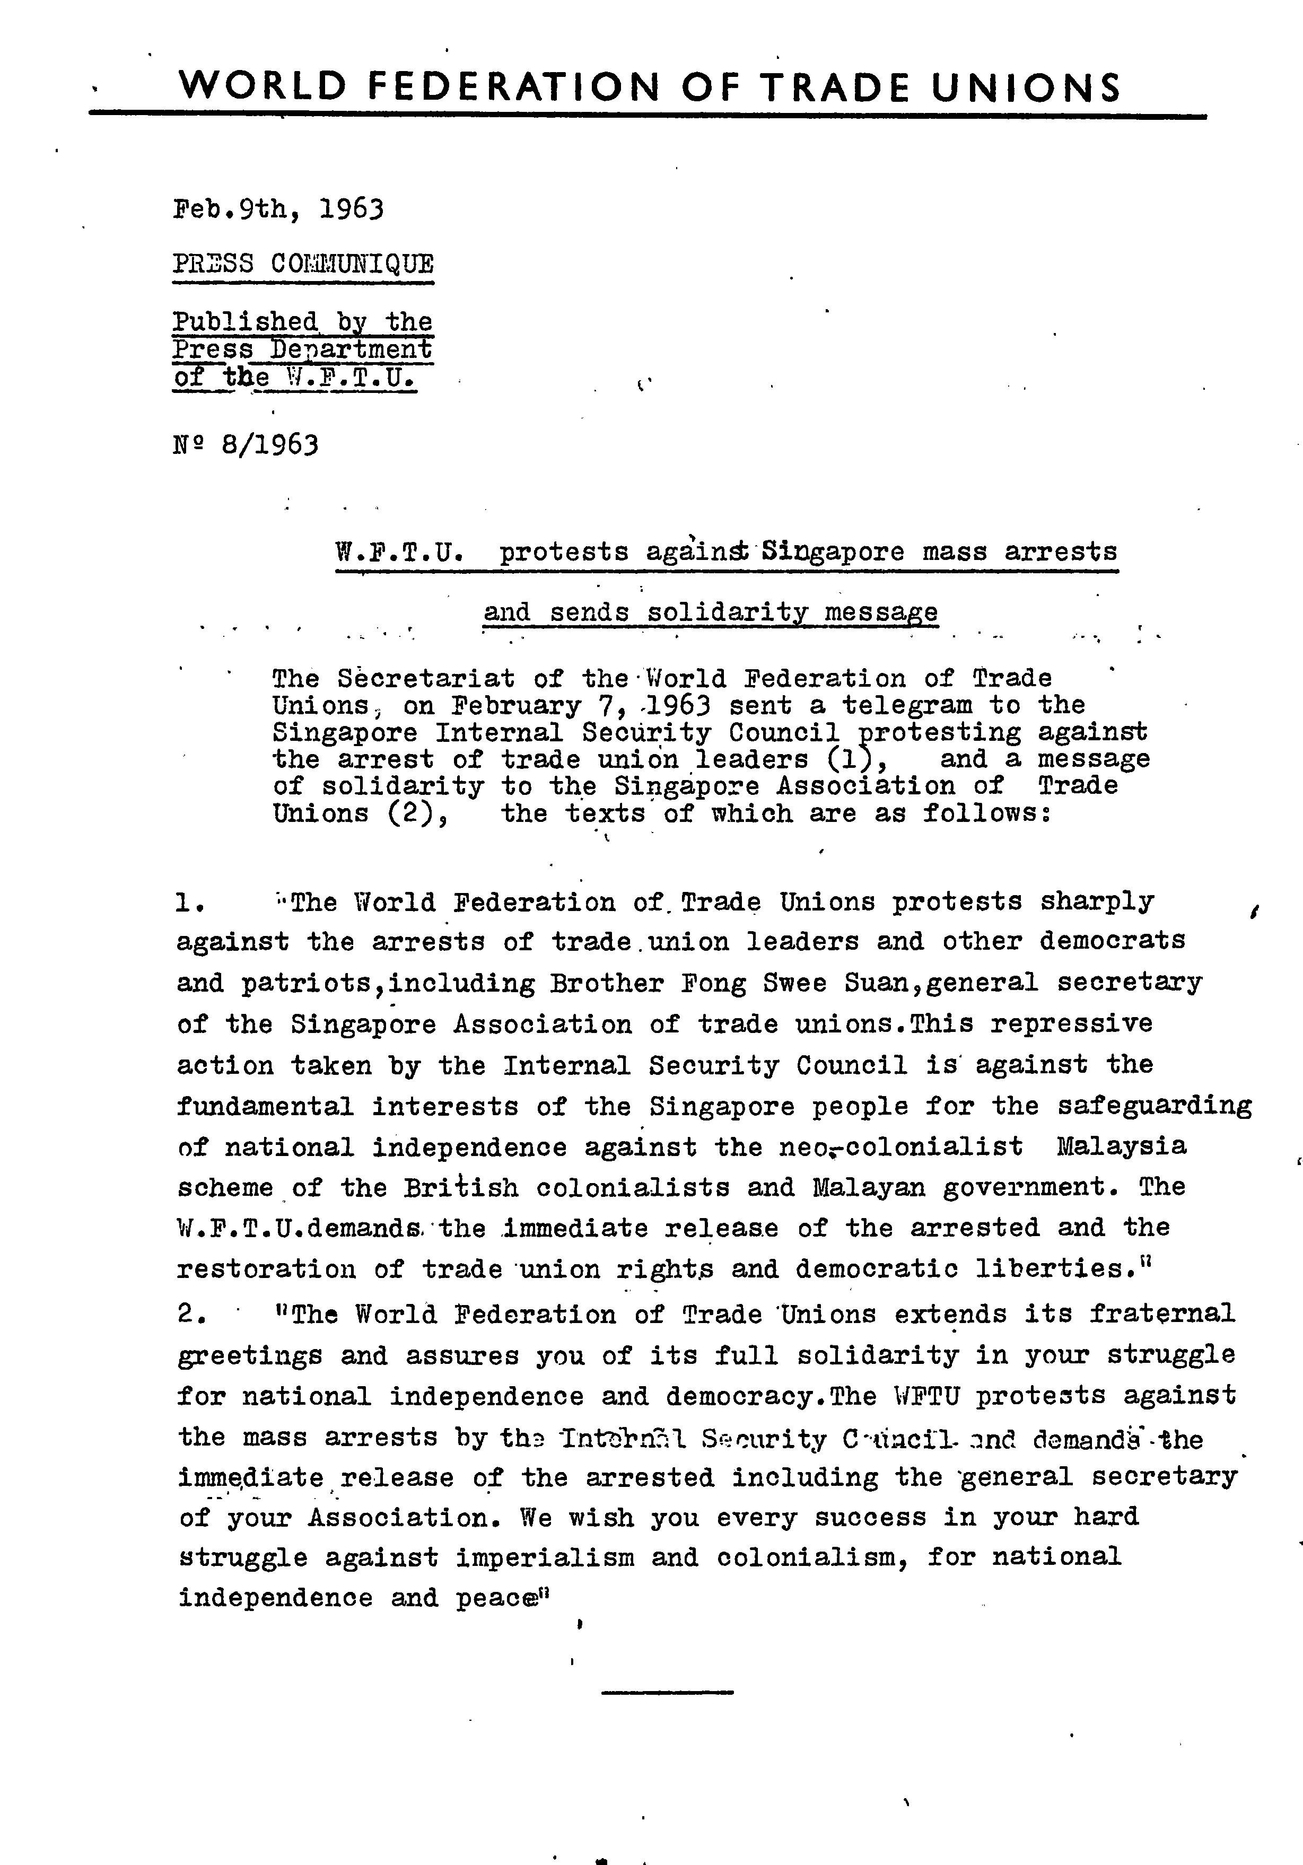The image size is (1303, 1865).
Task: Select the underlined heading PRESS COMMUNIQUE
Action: click(303, 264)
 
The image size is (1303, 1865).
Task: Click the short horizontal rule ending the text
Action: click(667, 1692)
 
